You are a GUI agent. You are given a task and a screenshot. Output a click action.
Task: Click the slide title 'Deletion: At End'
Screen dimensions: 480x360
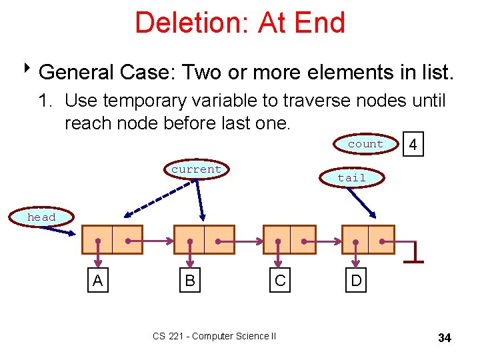click(x=240, y=23)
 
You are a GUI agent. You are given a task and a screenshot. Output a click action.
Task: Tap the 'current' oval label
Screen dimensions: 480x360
click(x=196, y=169)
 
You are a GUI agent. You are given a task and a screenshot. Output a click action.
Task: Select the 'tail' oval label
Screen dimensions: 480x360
click(x=351, y=177)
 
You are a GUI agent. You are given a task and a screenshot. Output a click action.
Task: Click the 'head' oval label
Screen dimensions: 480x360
click(x=41, y=217)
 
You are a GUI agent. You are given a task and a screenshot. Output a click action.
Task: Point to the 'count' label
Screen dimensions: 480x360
click(x=365, y=144)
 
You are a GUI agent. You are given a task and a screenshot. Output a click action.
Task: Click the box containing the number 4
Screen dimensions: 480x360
click(x=413, y=145)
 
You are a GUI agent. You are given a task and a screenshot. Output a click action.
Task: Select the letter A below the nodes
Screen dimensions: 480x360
click(x=98, y=281)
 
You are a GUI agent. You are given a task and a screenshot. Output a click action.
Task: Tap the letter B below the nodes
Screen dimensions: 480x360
click(x=190, y=281)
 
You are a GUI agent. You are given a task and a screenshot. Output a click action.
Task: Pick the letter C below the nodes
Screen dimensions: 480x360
click(x=280, y=281)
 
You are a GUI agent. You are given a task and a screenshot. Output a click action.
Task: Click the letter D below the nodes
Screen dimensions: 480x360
click(x=357, y=281)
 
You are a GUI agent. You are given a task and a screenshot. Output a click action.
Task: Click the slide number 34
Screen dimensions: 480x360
click(x=445, y=338)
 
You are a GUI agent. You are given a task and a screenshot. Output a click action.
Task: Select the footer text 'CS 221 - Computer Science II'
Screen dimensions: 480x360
click(x=214, y=337)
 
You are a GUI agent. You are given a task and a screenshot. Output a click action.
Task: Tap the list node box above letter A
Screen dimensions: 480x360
click(x=112, y=240)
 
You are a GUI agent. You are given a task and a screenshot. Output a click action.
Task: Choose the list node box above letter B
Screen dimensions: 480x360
click(x=204, y=240)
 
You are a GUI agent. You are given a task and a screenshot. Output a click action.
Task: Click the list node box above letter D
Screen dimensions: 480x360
click(x=368, y=240)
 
